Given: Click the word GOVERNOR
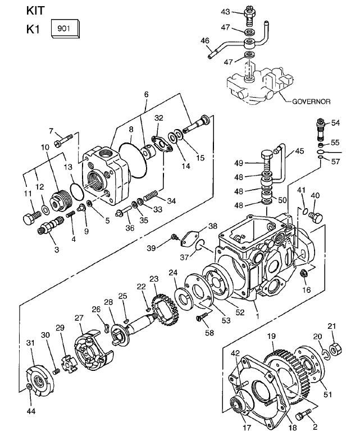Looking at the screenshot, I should coord(311,102).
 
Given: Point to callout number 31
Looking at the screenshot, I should coord(30,343).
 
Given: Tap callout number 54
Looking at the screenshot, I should coord(335,122).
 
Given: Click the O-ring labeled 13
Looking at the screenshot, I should coord(75,189).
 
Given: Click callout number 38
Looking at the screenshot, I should coord(212,227).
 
